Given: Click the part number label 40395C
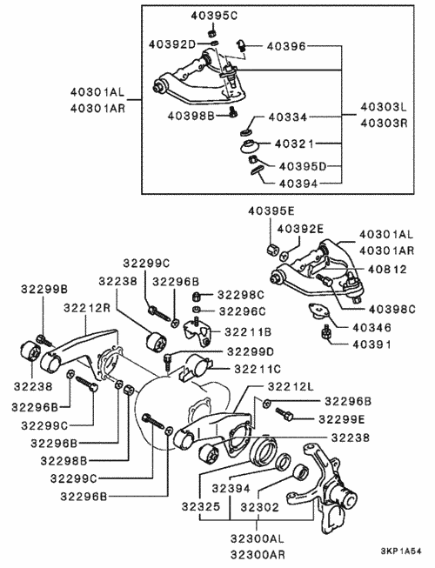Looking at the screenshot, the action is click(214, 16).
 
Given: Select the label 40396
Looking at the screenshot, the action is click(286, 46).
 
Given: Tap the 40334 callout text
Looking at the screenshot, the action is click(288, 117).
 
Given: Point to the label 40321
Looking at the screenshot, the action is click(294, 144).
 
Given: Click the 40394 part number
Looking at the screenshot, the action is click(298, 184).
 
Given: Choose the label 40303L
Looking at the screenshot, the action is click(384, 107).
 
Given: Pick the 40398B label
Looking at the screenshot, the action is click(191, 116).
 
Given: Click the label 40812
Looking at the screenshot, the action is click(387, 269).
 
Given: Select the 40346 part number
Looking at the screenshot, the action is click(372, 327).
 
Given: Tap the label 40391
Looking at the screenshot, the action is click(372, 344).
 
